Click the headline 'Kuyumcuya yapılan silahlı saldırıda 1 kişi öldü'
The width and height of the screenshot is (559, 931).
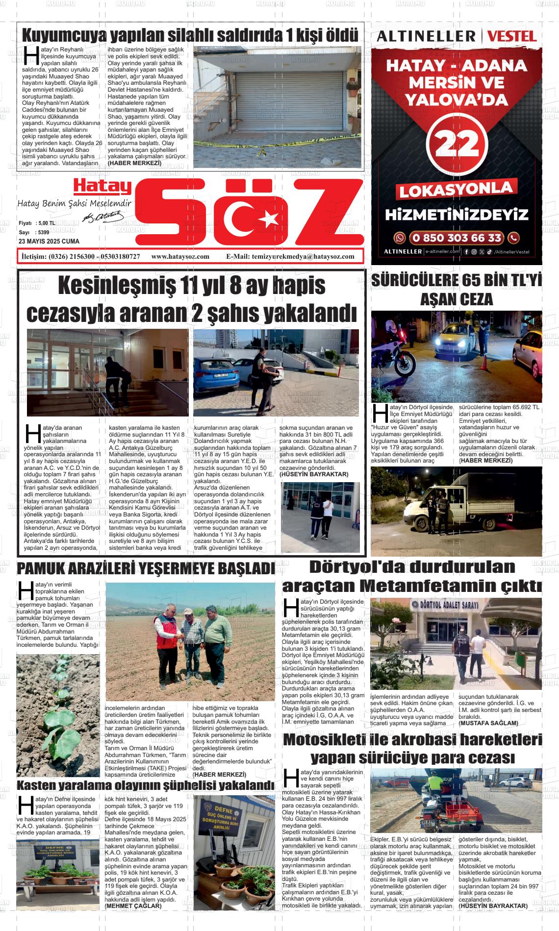pos(190,35)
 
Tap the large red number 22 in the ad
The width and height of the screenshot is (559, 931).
pos(457,144)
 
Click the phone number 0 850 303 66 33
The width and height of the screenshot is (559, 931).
pos(457,238)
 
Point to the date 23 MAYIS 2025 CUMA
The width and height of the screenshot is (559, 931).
pos(49,242)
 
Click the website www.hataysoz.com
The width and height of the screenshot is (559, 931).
pos(180,256)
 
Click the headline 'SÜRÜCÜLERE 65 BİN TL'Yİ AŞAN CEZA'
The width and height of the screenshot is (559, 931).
pos(457,290)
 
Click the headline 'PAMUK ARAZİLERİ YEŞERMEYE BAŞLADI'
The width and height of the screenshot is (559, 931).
pos(145,569)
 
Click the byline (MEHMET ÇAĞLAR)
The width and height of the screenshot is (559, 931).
pos(133,906)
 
